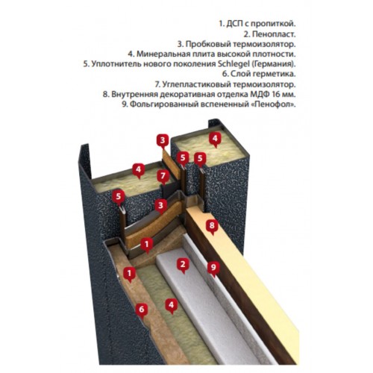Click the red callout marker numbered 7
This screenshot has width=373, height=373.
(x=163, y=177)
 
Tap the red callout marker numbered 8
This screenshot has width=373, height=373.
(x=212, y=227)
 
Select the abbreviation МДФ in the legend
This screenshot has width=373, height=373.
(x=258, y=94)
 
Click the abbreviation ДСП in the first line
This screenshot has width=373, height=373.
(x=233, y=24)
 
